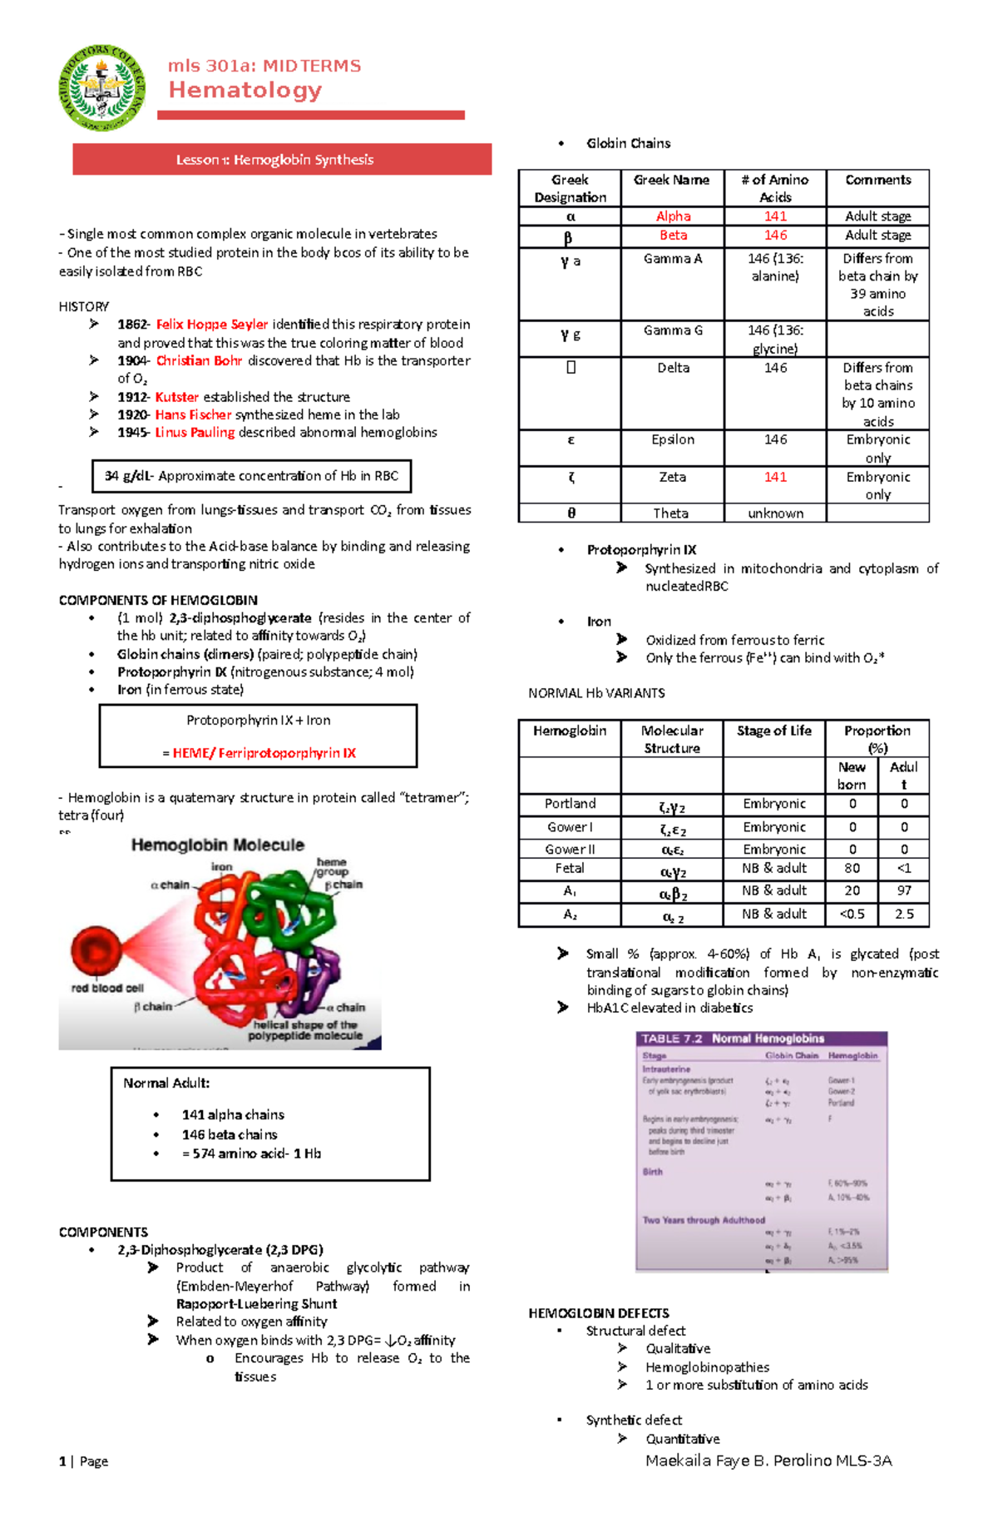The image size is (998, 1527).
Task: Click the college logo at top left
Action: [102, 87]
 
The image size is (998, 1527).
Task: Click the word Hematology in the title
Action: [245, 90]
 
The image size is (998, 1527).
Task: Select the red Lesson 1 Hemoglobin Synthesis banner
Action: [282, 160]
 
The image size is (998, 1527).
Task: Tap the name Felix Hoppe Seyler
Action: [212, 325]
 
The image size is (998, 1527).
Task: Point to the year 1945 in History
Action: [133, 433]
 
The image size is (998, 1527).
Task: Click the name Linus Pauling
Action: [195, 433]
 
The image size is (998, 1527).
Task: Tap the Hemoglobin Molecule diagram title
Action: [218, 845]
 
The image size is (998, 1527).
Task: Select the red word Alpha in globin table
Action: [673, 216]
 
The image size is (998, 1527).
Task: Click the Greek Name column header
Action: [671, 180]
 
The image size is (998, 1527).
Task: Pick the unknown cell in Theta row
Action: [775, 513]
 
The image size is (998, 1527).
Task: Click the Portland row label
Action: [570, 804]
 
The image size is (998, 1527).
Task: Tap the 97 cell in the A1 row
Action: [904, 890]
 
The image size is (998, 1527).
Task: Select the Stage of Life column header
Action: [773, 731]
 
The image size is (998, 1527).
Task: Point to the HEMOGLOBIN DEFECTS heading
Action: [598, 1313]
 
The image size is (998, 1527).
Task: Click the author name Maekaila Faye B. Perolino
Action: [768, 1460]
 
